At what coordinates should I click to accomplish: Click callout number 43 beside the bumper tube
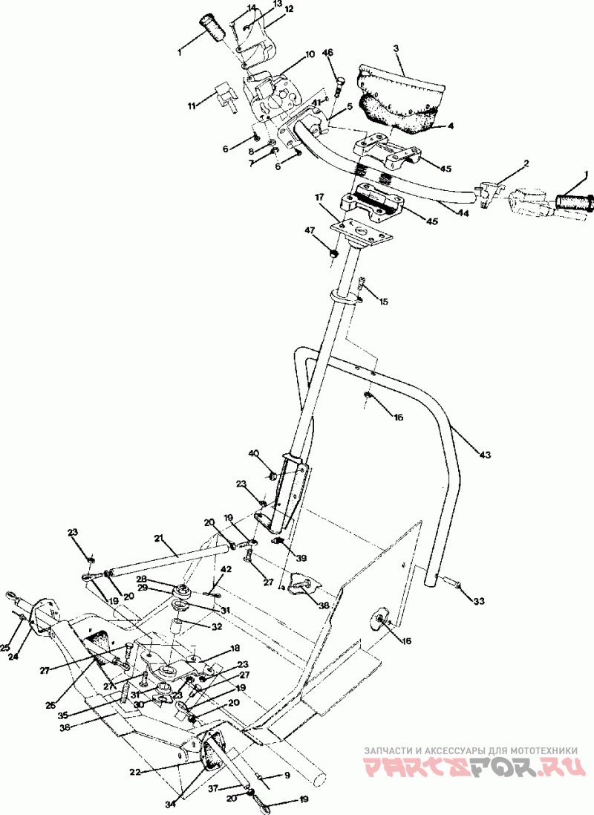pyautogui.click(x=486, y=453)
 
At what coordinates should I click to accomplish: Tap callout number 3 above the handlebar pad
pyautogui.click(x=396, y=48)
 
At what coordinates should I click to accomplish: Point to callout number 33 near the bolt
pyautogui.click(x=479, y=601)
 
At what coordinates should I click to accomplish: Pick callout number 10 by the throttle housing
pyautogui.click(x=310, y=54)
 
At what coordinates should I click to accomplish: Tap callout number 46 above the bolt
pyautogui.click(x=327, y=53)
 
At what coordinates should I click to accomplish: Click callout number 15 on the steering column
pyautogui.click(x=383, y=302)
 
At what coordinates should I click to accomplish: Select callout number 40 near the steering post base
pyautogui.click(x=253, y=453)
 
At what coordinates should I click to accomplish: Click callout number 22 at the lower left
pyautogui.click(x=135, y=772)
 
